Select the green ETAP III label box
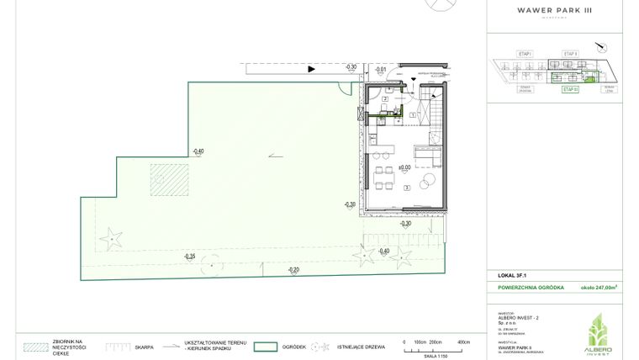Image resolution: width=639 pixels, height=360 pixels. click(x=569, y=88)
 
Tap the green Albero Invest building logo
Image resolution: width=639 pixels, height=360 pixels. click(x=599, y=328)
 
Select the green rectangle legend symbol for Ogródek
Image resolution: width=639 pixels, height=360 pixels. click(x=267, y=346)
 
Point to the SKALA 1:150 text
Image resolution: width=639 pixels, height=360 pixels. click(x=434, y=357)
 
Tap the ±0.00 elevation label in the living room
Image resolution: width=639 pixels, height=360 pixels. click(x=405, y=168)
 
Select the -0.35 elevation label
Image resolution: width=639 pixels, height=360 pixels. click(x=190, y=256)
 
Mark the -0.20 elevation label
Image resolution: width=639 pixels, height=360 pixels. click(x=293, y=269)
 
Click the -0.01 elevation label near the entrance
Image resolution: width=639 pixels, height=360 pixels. click(x=380, y=69)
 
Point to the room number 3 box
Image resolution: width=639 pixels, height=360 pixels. click(x=406, y=188)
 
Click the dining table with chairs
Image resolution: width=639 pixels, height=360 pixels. click(x=383, y=177)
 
